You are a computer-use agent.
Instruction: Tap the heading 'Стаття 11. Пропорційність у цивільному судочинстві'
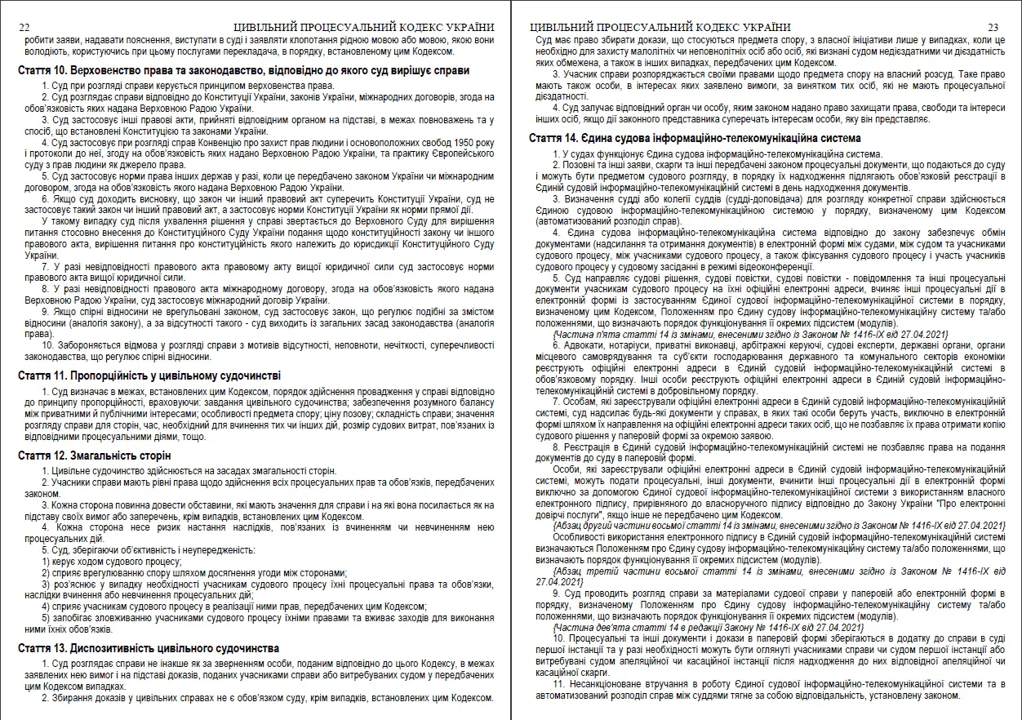pos(149,376)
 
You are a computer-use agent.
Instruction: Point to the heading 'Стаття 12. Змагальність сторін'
pos(95,455)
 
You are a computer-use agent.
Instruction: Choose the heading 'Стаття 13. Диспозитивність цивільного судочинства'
pos(149,648)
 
